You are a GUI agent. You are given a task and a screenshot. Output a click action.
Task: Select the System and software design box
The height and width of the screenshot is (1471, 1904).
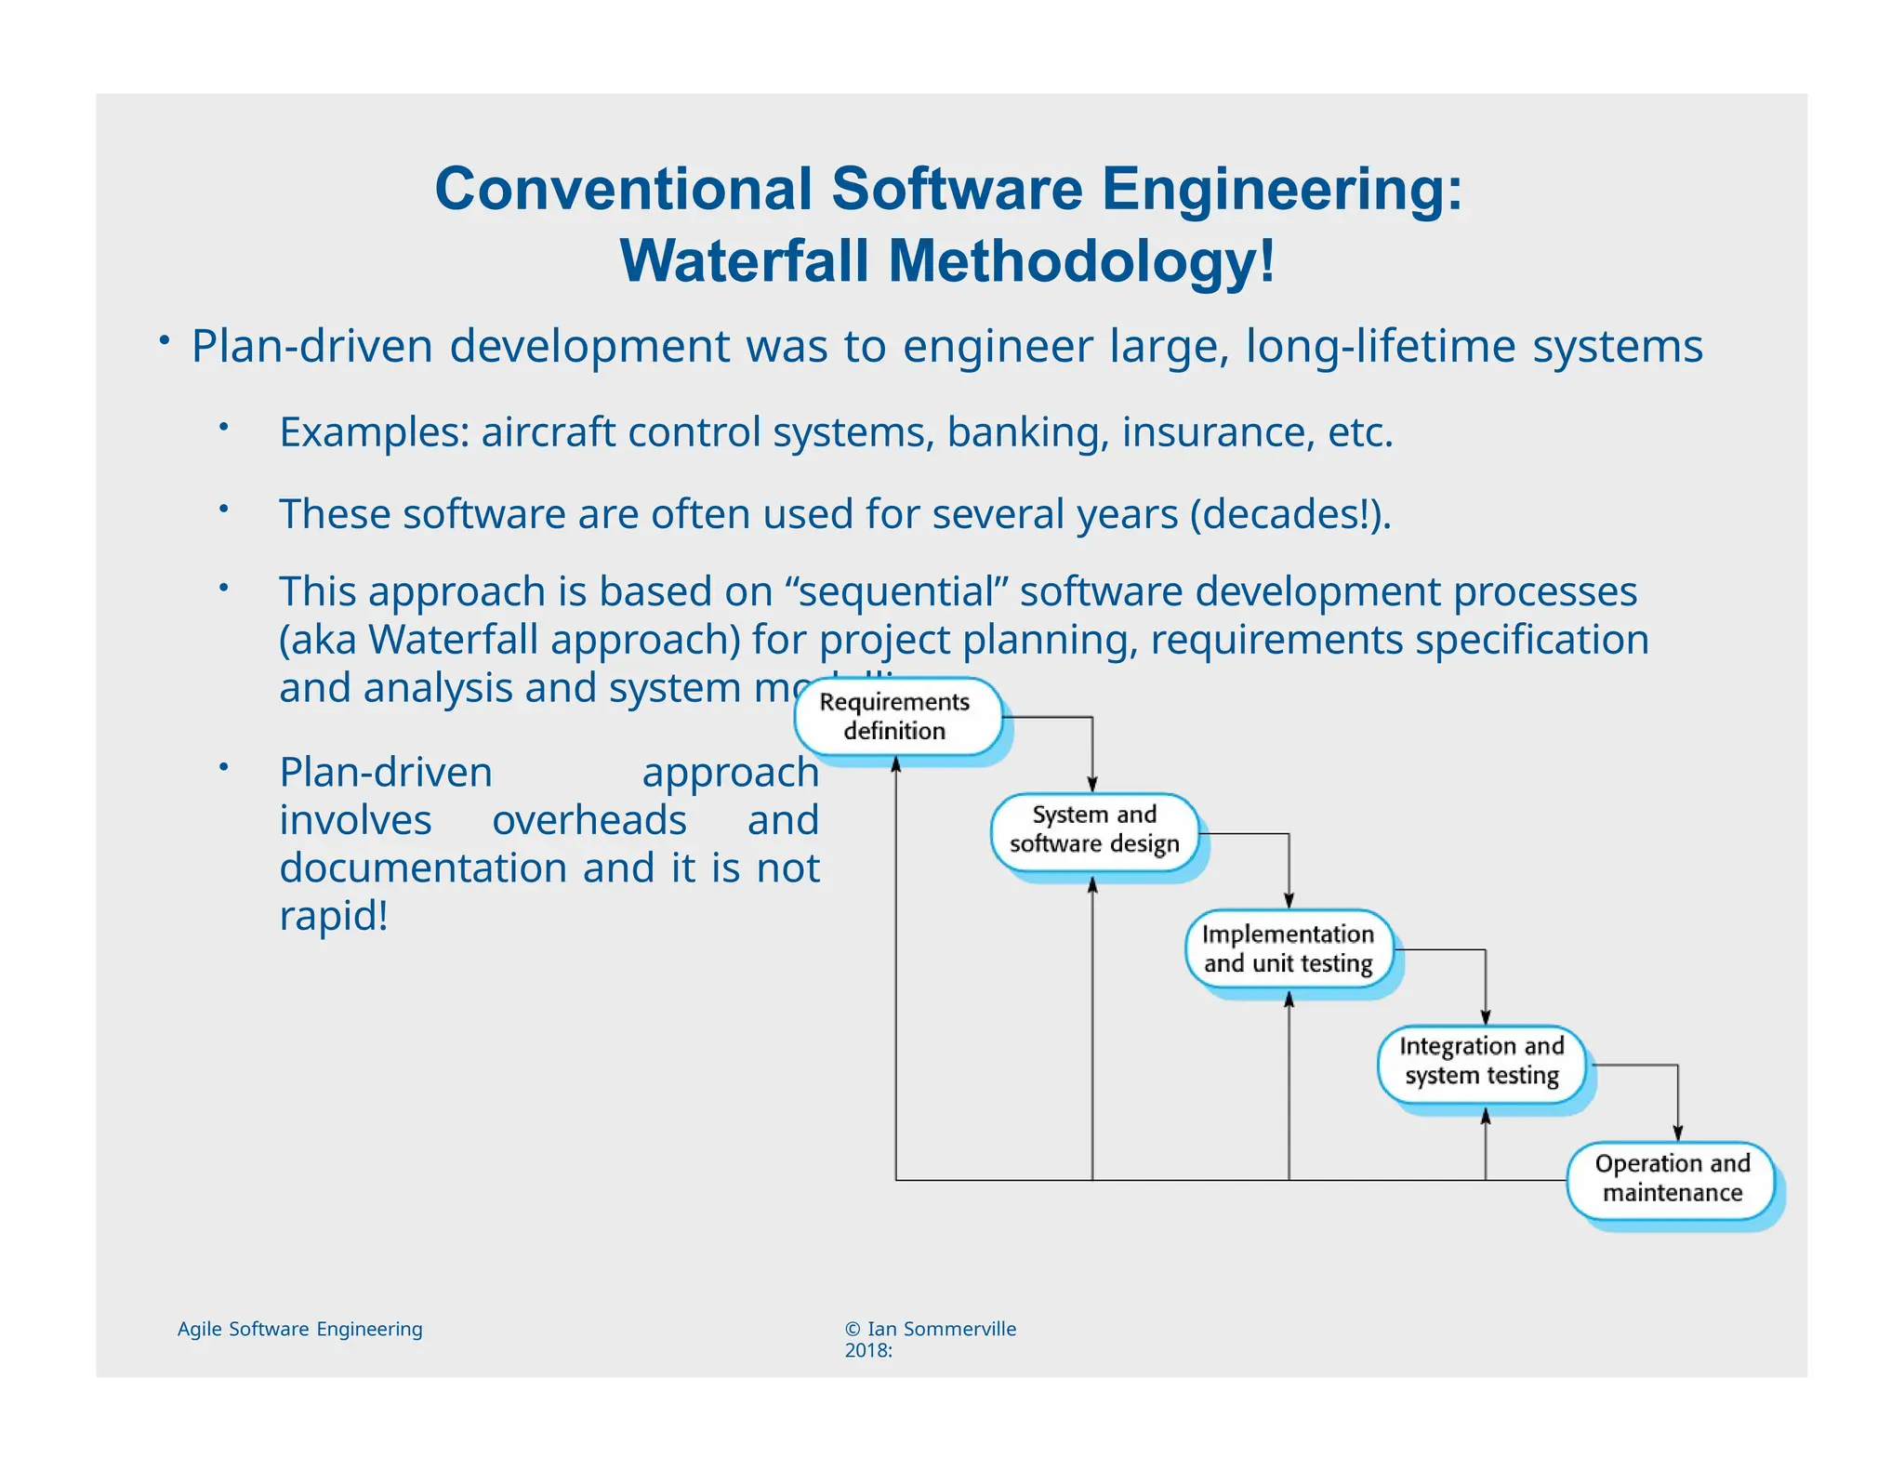pyautogui.click(x=1094, y=829)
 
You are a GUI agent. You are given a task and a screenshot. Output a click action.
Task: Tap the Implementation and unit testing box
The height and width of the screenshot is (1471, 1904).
pyautogui.click(x=1289, y=948)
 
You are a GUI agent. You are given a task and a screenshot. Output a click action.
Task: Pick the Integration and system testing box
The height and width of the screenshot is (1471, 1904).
pyautogui.click(x=1482, y=1061)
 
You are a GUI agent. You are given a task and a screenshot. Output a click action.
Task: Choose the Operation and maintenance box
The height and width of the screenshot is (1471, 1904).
pyautogui.click(x=1672, y=1178)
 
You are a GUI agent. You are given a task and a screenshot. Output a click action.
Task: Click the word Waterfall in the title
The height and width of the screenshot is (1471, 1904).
pyautogui.click(x=744, y=261)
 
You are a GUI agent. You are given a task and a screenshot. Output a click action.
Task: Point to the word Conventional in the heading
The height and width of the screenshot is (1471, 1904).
pyautogui.click(x=623, y=189)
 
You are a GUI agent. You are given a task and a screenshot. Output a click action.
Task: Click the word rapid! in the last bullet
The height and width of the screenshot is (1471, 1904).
pyautogui.click(x=334, y=916)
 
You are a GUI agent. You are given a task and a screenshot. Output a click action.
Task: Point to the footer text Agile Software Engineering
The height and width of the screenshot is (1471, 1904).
pyautogui.click(x=299, y=1329)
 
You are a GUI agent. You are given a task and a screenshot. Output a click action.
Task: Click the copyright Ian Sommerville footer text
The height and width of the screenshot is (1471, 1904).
pyautogui.click(x=930, y=1329)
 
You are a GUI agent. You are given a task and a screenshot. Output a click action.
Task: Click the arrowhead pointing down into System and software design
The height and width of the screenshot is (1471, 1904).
pyautogui.click(x=1092, y=786)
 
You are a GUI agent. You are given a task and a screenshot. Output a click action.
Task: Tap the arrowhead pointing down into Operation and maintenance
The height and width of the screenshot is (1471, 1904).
pyautogui.click(x=1678, y=1133)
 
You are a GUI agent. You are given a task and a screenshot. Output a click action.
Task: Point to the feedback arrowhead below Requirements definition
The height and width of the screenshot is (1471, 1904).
pyautogui.click(x=896, y=764)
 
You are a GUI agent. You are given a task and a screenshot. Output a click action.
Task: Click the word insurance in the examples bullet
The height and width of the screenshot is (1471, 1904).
pyautogui.click(x=1217, y=432)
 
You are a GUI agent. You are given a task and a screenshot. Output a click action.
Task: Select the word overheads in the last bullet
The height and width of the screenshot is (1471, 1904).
pyautogui.click(x=588, y=820)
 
